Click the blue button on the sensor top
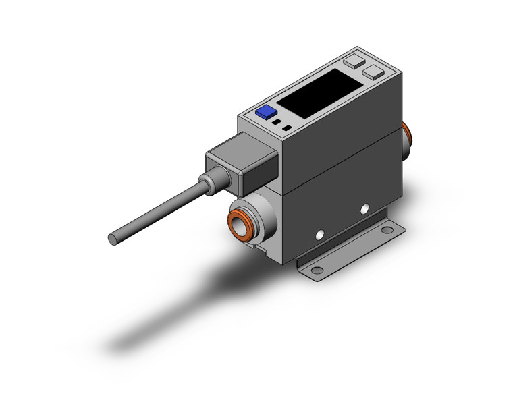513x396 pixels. (x=265, y=113)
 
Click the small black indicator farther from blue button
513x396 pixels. (x=288, y=128)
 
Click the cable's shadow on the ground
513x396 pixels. (x=169, y=304)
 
